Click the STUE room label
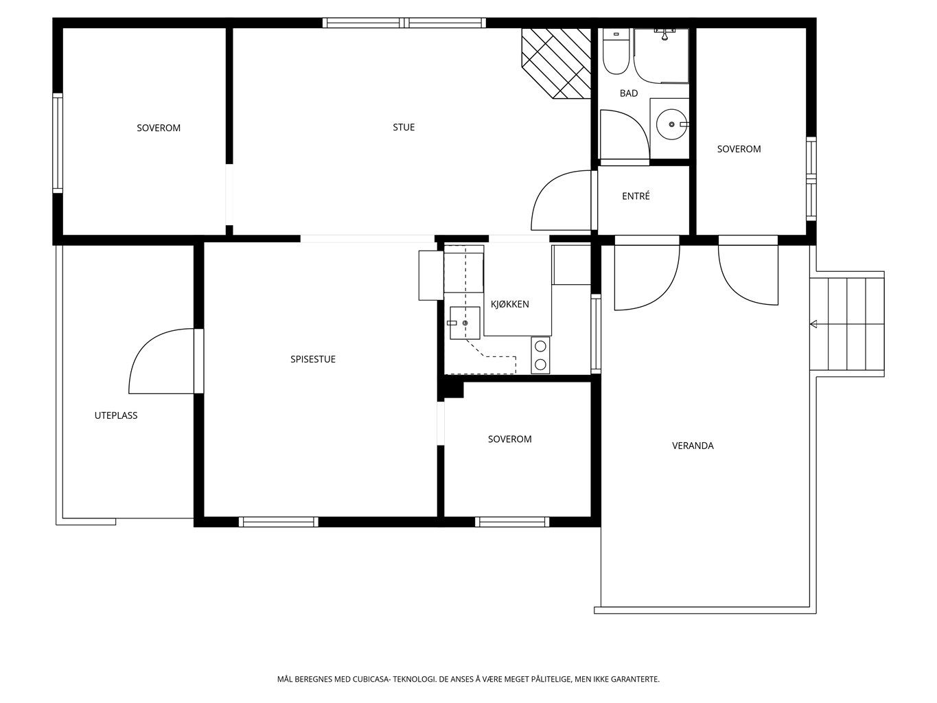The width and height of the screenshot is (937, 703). point(404,127)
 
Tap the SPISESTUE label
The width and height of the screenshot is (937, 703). point(313,360)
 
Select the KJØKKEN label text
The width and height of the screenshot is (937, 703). point(510,304)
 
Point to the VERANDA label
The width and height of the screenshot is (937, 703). point(693,446)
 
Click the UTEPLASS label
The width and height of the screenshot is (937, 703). point(116,415)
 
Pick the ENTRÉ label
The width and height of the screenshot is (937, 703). point(636,196)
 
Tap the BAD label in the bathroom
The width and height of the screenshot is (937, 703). point(629,93)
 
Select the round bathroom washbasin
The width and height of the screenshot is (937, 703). point(671,124)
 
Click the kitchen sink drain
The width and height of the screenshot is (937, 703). point(465,323)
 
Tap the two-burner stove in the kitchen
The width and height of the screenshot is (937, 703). point(540,355)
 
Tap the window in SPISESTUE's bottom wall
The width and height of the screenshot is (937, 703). point(278,522)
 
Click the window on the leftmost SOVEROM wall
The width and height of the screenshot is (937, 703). point(58,143)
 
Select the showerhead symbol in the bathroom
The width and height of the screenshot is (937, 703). point(664,34)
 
